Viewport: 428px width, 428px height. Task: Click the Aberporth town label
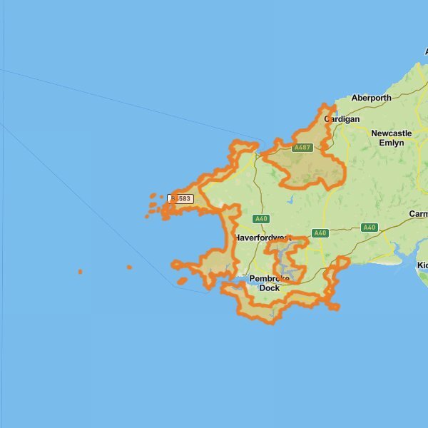[371, 98]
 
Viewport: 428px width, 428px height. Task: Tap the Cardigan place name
[342, 119]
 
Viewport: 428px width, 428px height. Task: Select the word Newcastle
[392, 133]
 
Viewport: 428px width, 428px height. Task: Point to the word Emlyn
[391, 143]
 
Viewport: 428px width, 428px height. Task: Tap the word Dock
[269, 288]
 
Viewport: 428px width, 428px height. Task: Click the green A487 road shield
[302, 148]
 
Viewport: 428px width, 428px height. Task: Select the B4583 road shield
[180, 198]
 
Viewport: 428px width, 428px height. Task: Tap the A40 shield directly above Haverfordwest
[261, 219]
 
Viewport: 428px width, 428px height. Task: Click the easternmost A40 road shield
[369, 228]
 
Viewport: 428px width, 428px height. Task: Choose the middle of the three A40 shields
[320, 233]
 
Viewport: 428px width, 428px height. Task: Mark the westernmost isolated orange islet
[80, 272]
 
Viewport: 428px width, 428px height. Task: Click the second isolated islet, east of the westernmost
[129, 267]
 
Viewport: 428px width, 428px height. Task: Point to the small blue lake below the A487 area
[291, 200]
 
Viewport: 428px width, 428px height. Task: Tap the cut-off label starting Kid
[422, 265]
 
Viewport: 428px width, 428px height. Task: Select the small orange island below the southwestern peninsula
[182, 281]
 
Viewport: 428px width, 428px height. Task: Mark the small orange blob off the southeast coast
[334, 307]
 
